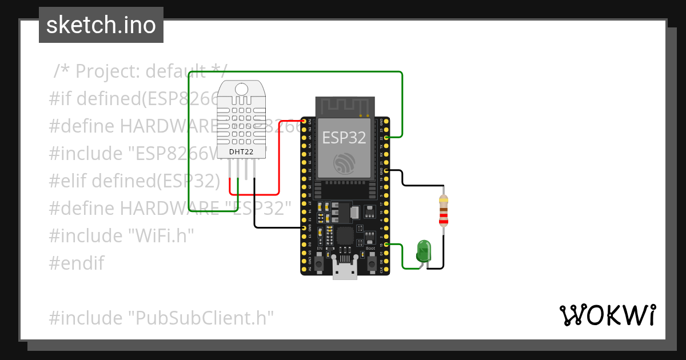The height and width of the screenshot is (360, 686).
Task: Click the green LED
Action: pos(424,250)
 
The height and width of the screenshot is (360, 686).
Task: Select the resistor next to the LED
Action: pos(443,211)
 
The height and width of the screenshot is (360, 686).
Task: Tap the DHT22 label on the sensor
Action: pos(241,152)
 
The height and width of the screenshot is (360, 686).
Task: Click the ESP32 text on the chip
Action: pos(344,137)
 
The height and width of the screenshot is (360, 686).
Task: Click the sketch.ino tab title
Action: pos(101,25)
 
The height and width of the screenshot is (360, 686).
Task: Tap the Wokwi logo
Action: pos(607,315)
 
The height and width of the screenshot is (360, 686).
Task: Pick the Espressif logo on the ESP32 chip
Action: pos(344,164)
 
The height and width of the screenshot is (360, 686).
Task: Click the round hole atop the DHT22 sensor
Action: pos(241,89)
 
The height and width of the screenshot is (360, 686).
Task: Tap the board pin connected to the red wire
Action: pos(303,121)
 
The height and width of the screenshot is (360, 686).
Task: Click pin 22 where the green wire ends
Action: pos(387,138)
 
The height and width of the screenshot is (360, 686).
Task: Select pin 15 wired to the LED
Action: pos(387,245)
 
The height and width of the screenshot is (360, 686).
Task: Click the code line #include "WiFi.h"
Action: pos(122,235)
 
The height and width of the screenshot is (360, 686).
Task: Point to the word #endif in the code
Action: pos(77,263)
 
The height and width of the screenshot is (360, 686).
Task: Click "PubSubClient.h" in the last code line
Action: pos(201,317)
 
